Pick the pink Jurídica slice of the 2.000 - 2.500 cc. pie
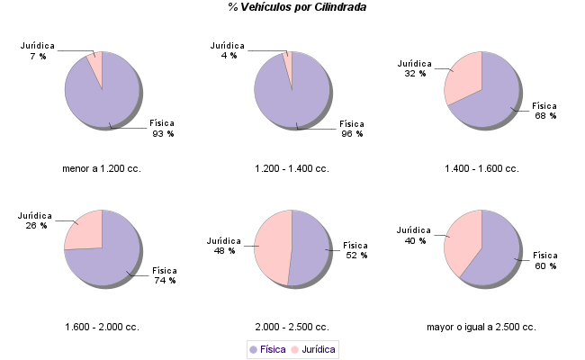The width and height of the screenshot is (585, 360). (x=272, y=247)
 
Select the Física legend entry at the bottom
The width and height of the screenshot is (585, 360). (x=267, y=348)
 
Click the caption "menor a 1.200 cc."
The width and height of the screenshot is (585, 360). (x=102, y=168)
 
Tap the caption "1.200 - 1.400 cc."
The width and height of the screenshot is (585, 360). (x=292, y=168)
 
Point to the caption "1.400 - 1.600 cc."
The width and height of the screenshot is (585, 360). (x=481, y=168)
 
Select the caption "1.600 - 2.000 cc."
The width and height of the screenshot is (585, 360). (x=102, y=327)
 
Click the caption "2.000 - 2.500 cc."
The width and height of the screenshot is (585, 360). (x=292, y=327)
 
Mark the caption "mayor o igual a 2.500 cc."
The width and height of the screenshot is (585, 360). (x=481, y=327)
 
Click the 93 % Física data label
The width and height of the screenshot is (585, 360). (x=163, y=128)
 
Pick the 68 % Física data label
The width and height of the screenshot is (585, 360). (x=545, y=110)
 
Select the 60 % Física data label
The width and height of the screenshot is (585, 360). (x=545, y=260)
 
